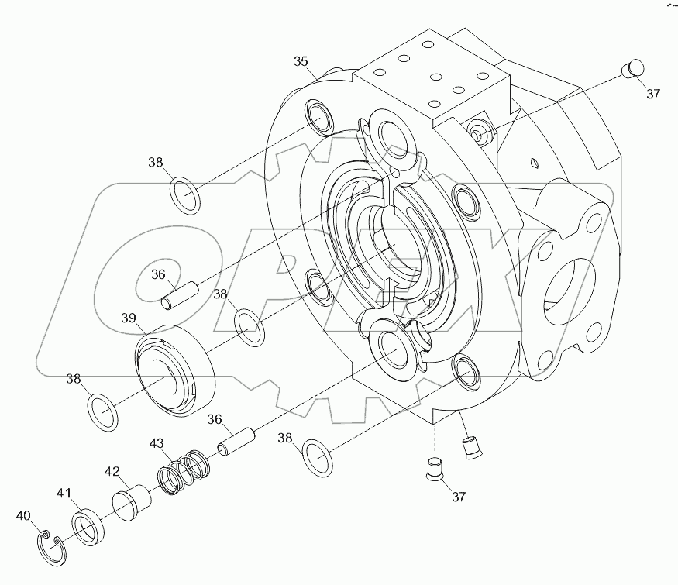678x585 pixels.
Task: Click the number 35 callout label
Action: [x=301, y=61]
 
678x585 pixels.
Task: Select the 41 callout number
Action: [x=64, y=492]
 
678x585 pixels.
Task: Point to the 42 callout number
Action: [x=112, y=471]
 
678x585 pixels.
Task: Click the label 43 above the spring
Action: [x=157, y=443]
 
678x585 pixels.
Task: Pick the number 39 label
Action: [x=128, y=318]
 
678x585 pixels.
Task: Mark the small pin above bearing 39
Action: [x=181, y=294]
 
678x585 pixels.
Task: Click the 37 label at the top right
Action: [x=653, y=94]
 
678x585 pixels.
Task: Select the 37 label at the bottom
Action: [x=459, y=496]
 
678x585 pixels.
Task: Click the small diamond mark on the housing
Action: [x=533, y=161]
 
